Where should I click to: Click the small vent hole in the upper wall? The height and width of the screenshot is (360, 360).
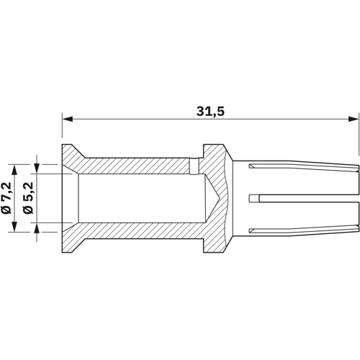point(193,166)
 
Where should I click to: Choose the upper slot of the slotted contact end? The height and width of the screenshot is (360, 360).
point(302,170)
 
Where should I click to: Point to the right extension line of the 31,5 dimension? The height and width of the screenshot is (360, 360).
point(359,137)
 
